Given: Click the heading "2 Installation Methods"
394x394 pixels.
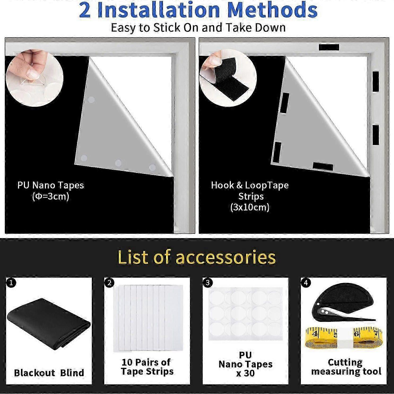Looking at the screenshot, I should tap(198, 10).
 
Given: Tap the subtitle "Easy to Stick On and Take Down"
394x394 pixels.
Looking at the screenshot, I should tap(198, 28).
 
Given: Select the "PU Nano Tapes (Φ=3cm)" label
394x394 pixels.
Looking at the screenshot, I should tap(50, 190).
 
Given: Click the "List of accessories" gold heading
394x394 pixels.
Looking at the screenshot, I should tap(197, 257).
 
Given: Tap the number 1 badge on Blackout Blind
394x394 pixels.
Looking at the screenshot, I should tap(11, 283).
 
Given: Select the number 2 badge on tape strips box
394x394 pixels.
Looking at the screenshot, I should tap(109, 283).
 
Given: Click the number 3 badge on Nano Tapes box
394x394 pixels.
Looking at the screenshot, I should tap(207, 283).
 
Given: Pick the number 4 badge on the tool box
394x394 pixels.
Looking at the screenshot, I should tap(306, 283).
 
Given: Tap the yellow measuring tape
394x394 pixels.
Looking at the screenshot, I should tap(344, 337).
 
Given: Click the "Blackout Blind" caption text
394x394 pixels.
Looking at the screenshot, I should tap(49, 373).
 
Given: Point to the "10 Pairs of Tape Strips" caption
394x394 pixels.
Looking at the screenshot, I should tap(147, 367).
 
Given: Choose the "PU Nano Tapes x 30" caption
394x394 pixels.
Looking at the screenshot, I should tap(245, 364).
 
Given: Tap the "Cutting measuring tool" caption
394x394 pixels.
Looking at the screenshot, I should tap(346, 367).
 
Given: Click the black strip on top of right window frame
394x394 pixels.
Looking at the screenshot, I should tap(329, 47).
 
